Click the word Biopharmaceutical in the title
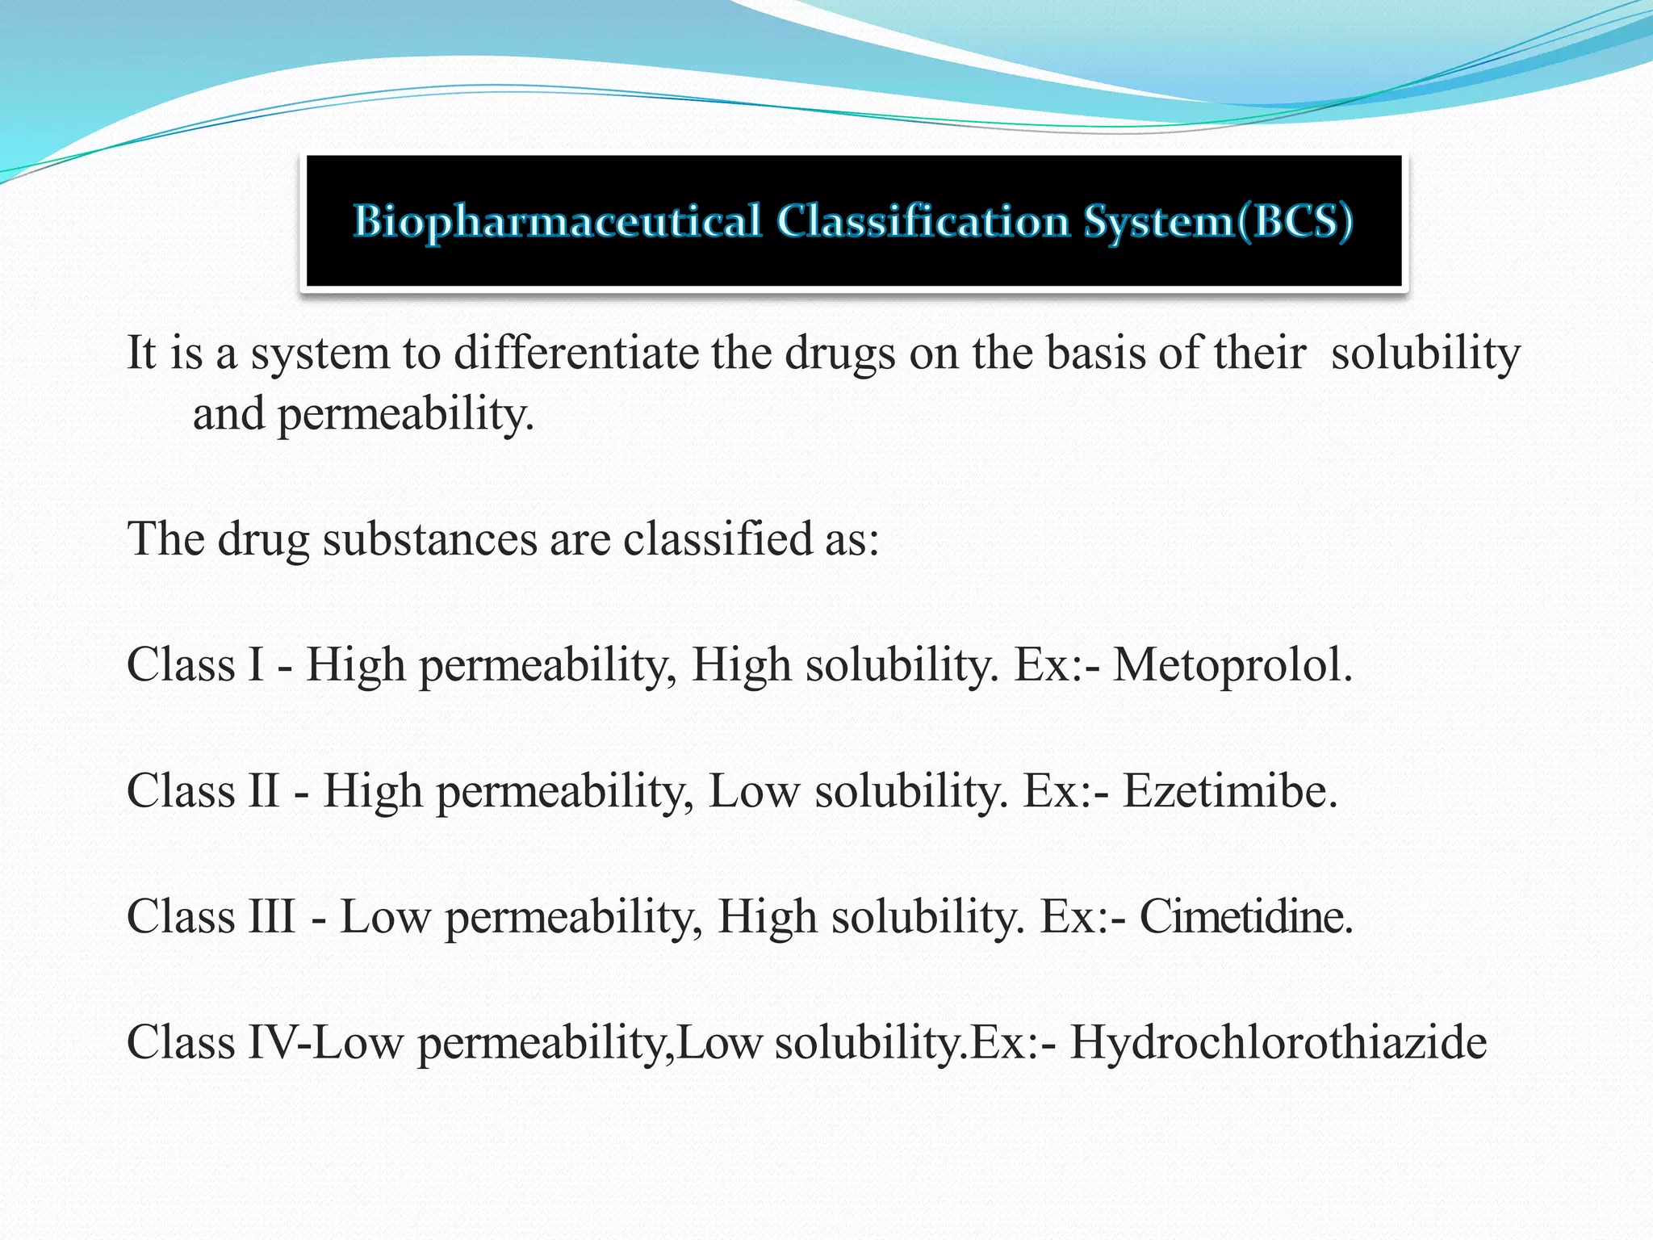click(557, 221)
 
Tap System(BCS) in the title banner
click(1217, 221)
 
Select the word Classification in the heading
click(923, 221)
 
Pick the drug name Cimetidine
click(1245, 917)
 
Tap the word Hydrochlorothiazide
click(1278, 1042)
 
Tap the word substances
click(429, 538)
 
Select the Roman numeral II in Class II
click(262, 791)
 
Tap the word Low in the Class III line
click(385, 917)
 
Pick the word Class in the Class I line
click(180, 666)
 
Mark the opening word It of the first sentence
click(141, 354)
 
